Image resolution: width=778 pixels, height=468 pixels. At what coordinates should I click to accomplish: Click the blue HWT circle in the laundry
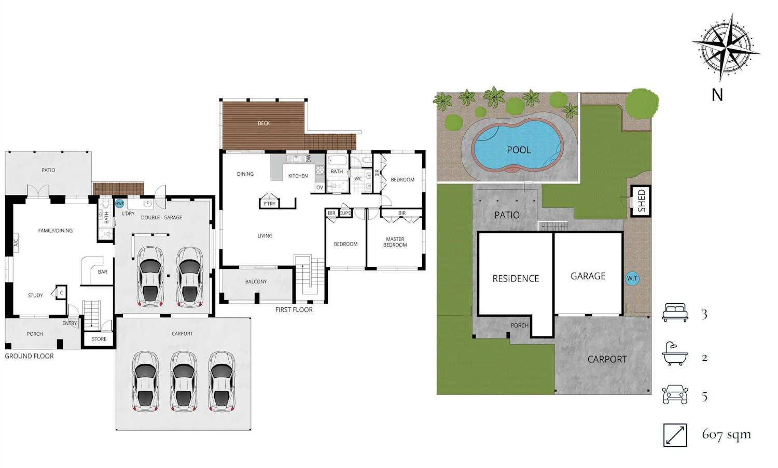click(119, 204)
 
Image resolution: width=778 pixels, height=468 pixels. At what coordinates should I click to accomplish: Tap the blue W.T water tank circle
click(632, 278)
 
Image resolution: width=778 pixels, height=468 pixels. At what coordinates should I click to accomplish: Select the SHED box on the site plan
click(641, 201)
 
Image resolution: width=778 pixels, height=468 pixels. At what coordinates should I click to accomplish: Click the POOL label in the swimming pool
click(519, 150)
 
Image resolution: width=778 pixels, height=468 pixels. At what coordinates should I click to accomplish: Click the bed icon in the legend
click(675, 313)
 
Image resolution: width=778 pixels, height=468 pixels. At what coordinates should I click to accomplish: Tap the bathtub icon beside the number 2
click(675, 354)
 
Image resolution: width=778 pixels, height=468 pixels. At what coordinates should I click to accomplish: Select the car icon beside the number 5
click(675, 395)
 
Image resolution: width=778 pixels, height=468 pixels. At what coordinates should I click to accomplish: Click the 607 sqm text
click(726, 434)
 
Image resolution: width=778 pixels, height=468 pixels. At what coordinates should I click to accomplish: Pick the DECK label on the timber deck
click(263, 123)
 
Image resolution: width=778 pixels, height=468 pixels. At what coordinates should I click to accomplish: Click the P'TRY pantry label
click(269, 204)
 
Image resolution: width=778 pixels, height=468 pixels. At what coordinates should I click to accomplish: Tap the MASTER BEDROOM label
click(395, 242)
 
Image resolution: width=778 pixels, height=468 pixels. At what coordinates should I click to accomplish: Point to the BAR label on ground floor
click(103, 272)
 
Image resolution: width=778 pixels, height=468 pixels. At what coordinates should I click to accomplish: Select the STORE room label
click(99, 339)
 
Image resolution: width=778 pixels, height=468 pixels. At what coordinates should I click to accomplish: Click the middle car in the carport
click(184, 381)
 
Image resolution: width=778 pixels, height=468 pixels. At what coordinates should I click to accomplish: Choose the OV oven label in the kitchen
click(319, 188)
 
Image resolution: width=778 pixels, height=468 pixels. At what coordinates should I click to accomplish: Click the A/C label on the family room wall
click(16, 243)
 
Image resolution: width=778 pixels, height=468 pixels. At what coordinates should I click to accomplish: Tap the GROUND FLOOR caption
click(29, 356)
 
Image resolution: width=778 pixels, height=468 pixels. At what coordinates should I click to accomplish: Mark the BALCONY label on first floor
click(256, 281)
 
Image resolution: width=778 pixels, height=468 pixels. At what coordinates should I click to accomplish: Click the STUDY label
click(35, 295)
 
